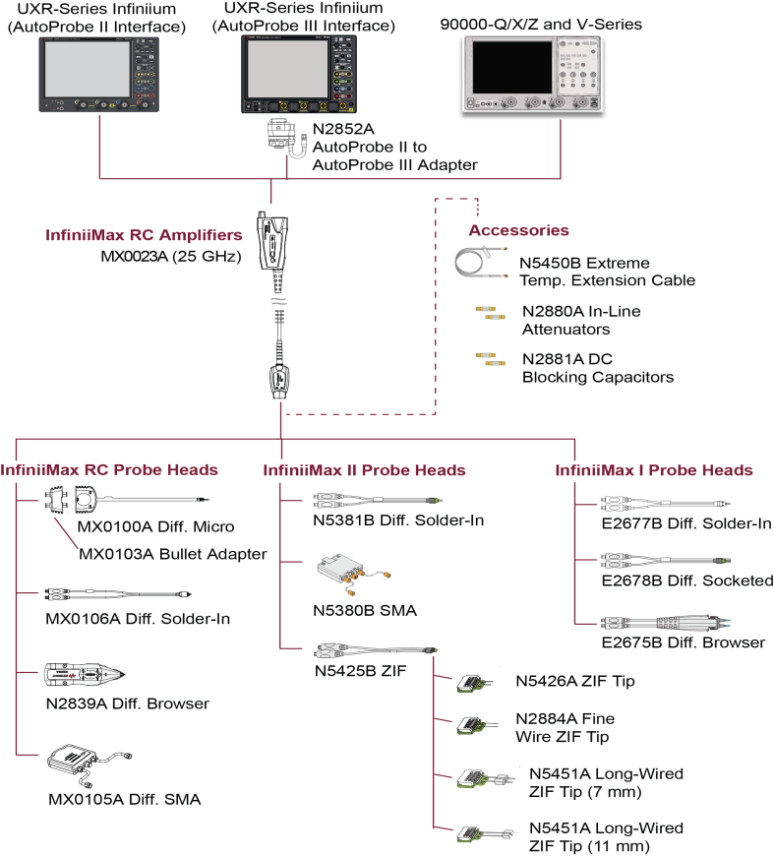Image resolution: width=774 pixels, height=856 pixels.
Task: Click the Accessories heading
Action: (518, 230)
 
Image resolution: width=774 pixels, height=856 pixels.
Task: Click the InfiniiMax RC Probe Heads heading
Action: (108, 470)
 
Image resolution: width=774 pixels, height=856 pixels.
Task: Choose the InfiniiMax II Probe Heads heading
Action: (364, 470)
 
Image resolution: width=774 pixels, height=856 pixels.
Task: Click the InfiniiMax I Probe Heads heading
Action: (654, 470)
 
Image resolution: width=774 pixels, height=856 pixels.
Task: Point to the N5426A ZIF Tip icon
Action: (470, 682)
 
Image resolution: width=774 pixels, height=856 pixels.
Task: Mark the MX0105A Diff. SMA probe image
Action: (84, 763)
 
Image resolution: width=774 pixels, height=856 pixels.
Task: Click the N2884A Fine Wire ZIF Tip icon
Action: (470, 726)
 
